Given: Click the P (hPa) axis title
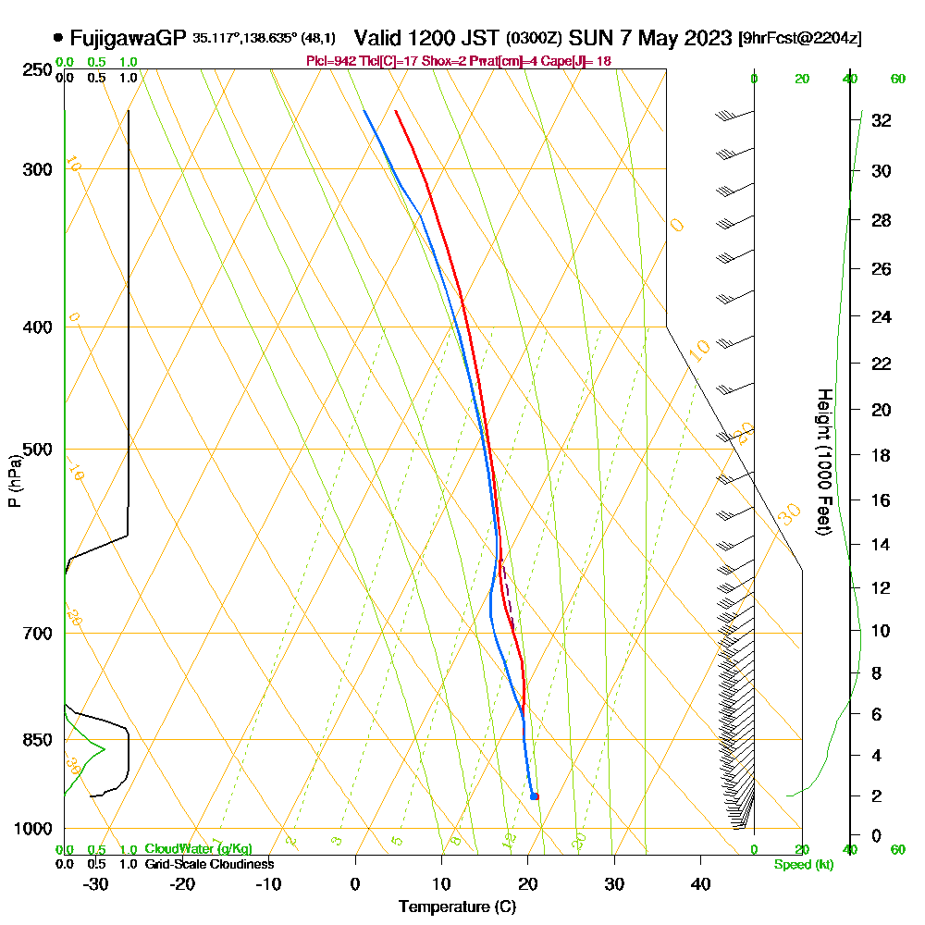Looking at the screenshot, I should coord(14,481).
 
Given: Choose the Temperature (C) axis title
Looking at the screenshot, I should coord(457,907).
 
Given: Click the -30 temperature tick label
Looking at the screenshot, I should coord(96,883).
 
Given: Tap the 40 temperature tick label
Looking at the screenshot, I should coord(700,883).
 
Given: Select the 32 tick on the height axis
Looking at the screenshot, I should coord(881,120).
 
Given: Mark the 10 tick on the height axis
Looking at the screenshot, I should coord(881,631).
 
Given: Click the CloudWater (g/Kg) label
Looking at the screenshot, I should coord(198,849).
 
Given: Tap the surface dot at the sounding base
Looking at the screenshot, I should coord(535,796).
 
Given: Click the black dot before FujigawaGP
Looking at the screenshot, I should coord(58,38).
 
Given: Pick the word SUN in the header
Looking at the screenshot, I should coord(589,38).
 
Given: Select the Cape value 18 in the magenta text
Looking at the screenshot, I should coord(603,61).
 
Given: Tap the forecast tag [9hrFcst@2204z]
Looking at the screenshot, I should coord(800,39).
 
